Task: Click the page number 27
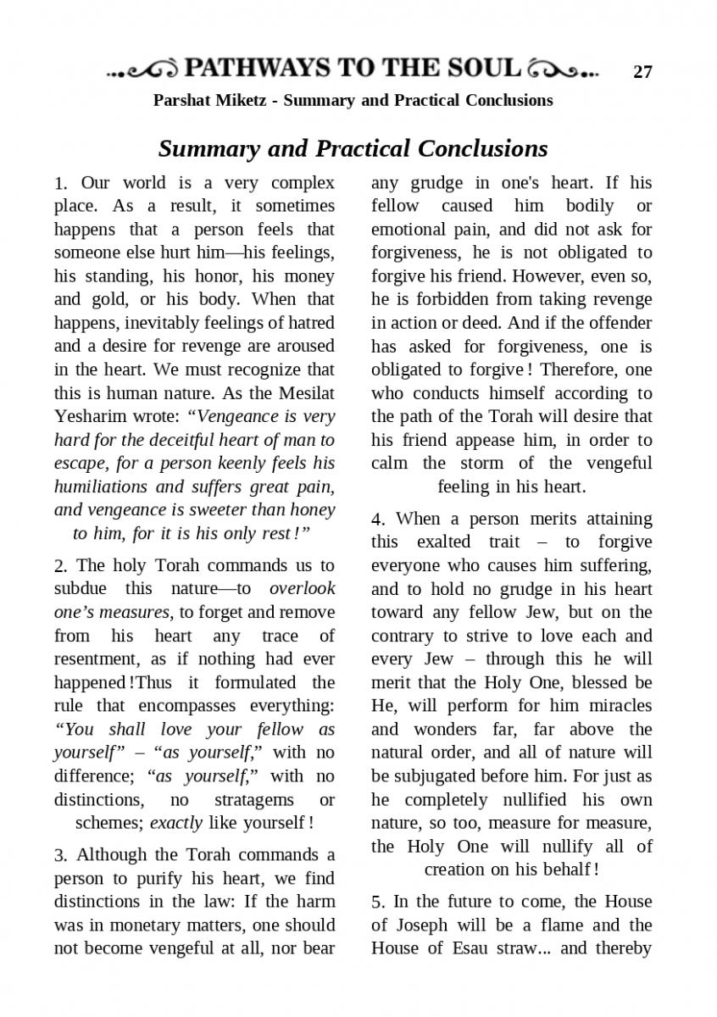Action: click(643, 72)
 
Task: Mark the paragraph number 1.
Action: click(59, 184)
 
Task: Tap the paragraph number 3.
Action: click(59, 855)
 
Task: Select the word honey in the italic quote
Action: click(314, 510)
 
